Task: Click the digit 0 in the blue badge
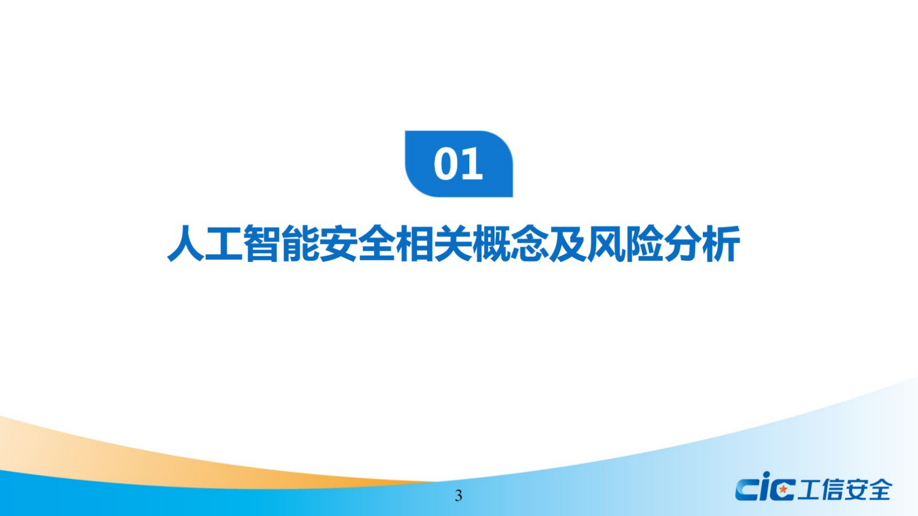(446, 164)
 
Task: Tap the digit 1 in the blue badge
(472, 164)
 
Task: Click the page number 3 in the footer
(459, 496)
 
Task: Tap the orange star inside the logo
(783, 489)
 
